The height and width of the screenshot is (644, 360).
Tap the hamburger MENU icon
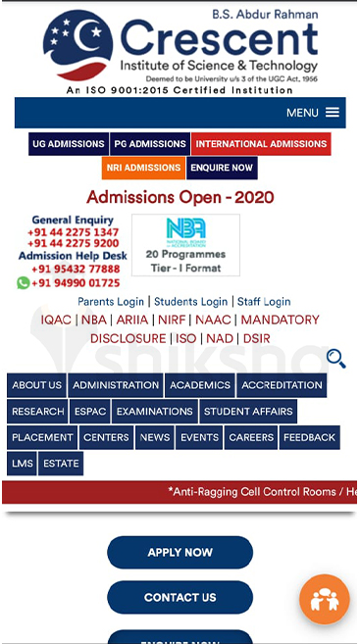click(x=333, y=113)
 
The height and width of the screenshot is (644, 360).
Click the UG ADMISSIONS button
click(x=69, y=144)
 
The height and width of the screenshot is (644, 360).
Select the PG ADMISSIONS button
click(x=150, y=144)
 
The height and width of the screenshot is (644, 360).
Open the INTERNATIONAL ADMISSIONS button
click(x=261, y=144)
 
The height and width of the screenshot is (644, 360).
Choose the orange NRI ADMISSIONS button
click(x=143, y=168)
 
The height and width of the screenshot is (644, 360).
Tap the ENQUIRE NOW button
click(x=222, y=168)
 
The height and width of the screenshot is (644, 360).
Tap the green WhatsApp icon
click(x=24, y=282)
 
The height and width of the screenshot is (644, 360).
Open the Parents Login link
click(x=111, y=302)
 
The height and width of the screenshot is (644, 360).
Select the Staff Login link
click(x=264, y=302)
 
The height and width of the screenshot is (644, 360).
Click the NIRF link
click(x=172, y=320)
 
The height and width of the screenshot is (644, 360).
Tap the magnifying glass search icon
click(x=335, y=359)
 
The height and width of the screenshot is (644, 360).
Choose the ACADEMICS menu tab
click(x=200, y=385)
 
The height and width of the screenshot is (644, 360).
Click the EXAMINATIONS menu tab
click(x=155, y=412)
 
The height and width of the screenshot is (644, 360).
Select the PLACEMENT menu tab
click(x=42, y=437)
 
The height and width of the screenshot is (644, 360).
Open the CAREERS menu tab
click(x=251, y=437)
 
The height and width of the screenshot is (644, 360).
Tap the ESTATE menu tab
click(x=61, y=464)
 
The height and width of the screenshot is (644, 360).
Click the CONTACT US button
click(x=180, y=597)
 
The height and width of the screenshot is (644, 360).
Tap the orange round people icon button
click(x=324, y=600)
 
